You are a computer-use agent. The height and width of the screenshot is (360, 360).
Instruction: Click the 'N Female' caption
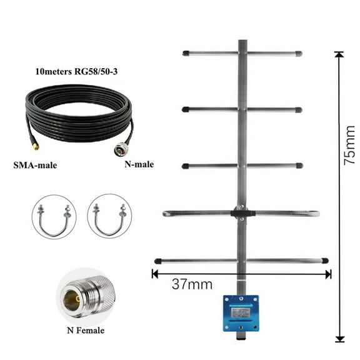tap(85, 330)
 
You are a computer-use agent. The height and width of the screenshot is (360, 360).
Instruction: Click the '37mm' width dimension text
tap(192, 285)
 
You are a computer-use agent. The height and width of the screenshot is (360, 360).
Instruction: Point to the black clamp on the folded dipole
tap(241, 212)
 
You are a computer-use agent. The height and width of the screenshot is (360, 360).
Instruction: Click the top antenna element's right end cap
tap(299, 54)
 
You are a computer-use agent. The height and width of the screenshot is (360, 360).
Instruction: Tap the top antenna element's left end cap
tap(186, 54)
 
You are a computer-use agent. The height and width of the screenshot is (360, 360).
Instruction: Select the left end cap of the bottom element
tap(158, 261)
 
